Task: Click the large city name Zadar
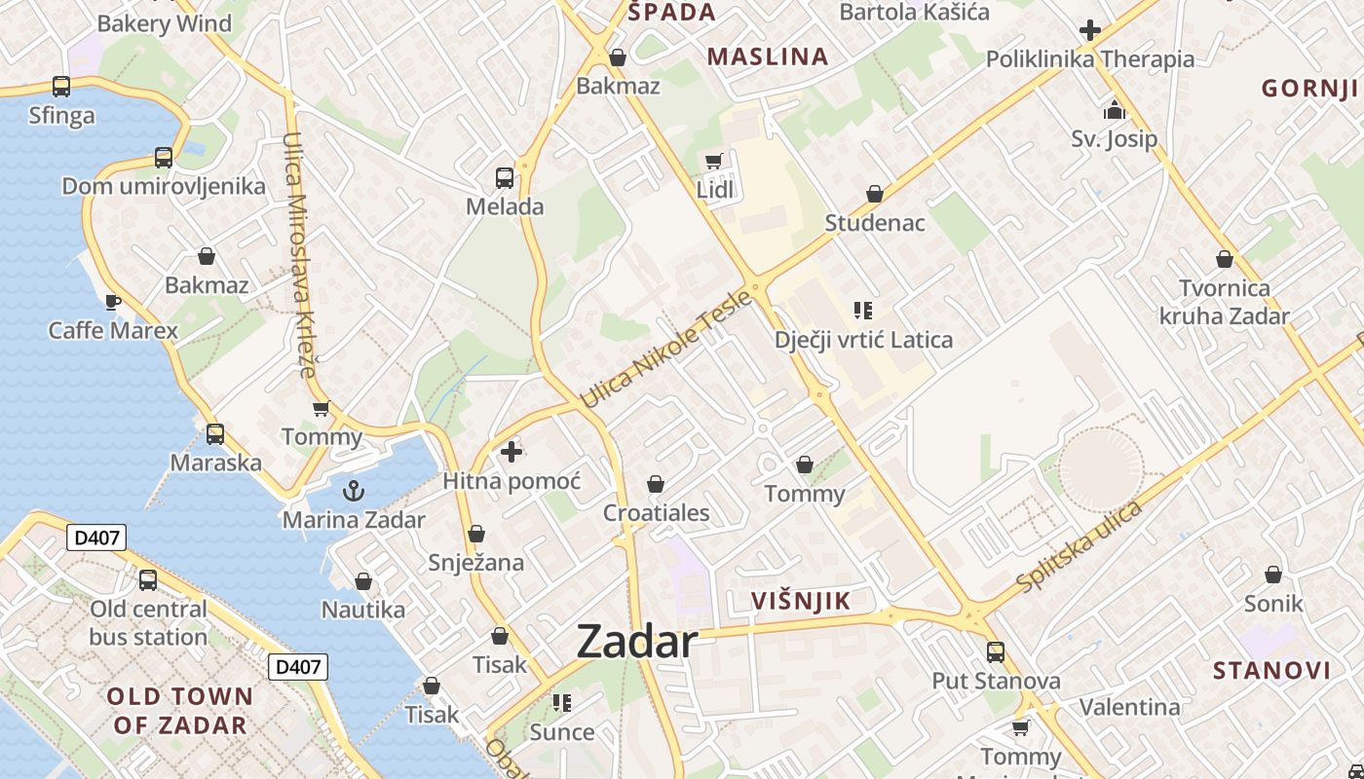pos(637,642)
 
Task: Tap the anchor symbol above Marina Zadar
pos(354,490)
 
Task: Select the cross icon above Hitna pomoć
pos(511,452)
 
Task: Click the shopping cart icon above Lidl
pos(714,161)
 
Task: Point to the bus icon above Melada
pos(505,177)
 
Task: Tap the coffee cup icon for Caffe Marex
pos(113,301)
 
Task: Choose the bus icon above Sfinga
pos(61,87)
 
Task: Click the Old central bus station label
pos(148,623)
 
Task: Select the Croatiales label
pos(657,513)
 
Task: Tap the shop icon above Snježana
pos(476,534)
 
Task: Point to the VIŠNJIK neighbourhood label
pos(801,601)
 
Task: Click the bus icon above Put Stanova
pos(995,651)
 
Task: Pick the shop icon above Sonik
pos(1273,575)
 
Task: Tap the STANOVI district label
pos(1271,670)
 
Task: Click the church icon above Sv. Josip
pos(1115,109)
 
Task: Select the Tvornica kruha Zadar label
pos(1224,302)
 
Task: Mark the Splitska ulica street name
pos(1079,546)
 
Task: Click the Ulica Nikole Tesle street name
pos(666,350)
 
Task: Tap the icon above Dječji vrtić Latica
pos(862,311)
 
